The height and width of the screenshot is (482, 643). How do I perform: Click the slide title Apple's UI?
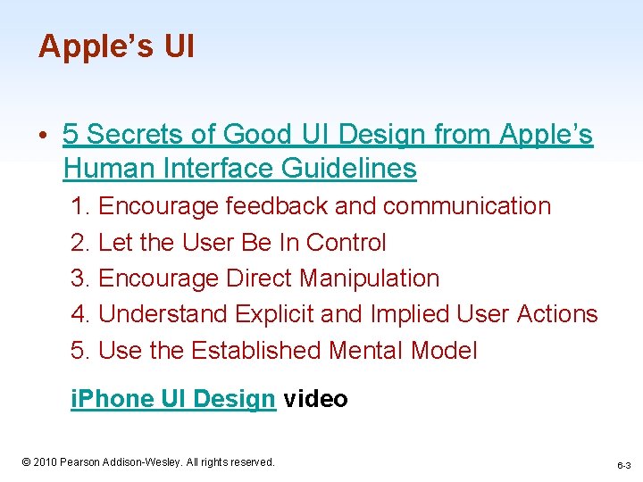point(115,46)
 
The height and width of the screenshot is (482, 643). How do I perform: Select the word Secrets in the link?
point(135,135)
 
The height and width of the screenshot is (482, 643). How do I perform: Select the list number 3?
point(79,278)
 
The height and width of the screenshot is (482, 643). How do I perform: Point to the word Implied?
point(408,314)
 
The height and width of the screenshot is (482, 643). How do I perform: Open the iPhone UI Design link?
point(172,399)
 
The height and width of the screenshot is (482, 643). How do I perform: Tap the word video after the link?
point(315,399)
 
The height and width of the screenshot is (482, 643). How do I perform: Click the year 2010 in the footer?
point(45,462)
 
